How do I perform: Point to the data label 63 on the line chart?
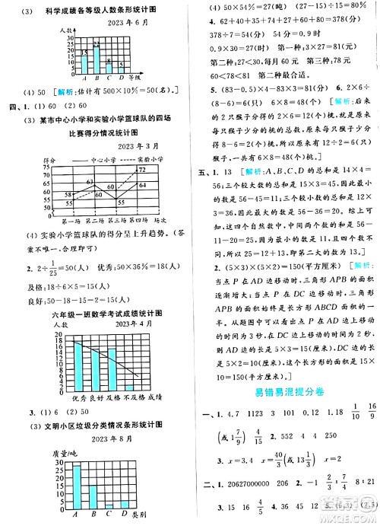coord(90,183)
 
